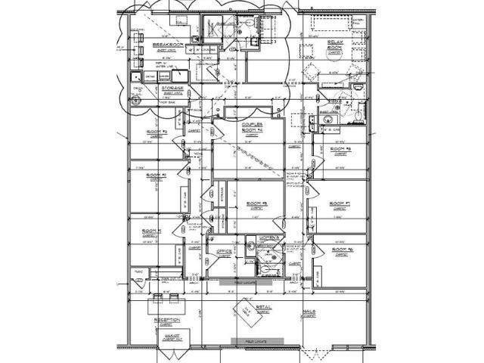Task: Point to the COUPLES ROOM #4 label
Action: pyautogui.click(x=252, y=124)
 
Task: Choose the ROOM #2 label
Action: pyautogui.click(x=157, y=175)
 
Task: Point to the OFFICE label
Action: pyautogui.click(x=224, y=251)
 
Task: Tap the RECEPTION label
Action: pyautogui.click(x=166, y=320)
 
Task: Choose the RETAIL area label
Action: pyautogui.click(x=263, y=308)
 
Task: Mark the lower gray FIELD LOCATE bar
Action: pyautogui.click(x=258, y=341)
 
